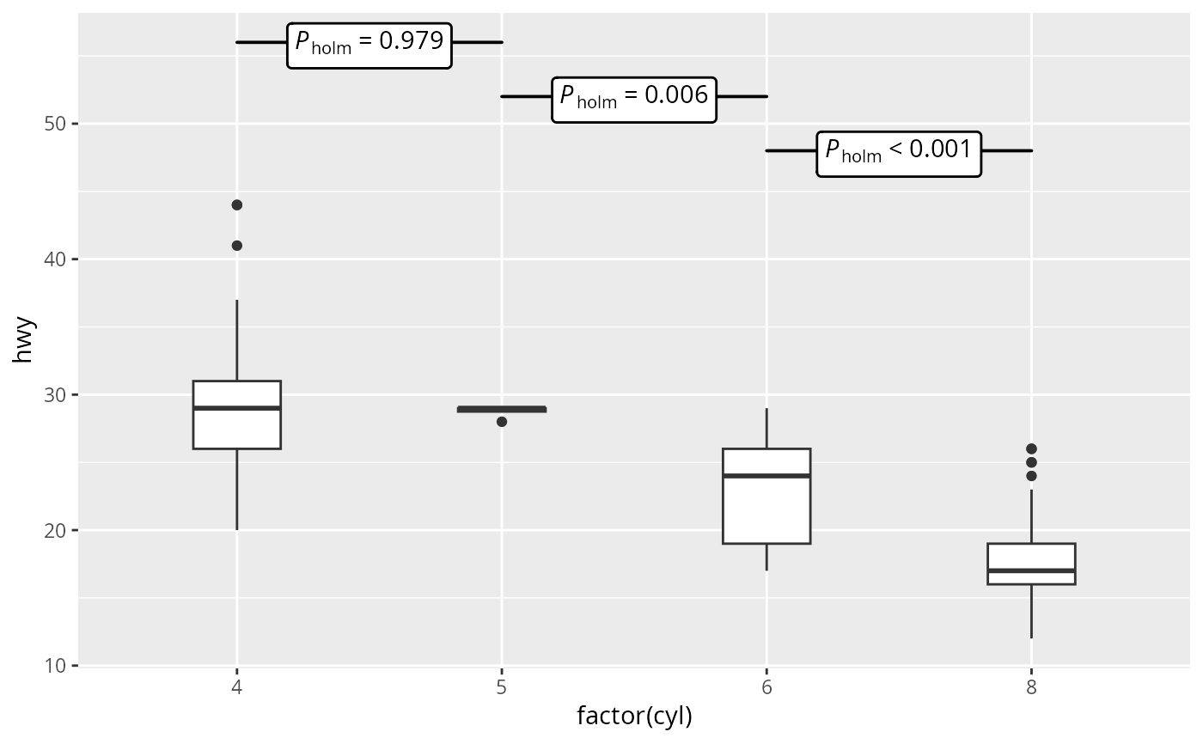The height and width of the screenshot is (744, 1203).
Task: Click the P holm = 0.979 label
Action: coord(369,46)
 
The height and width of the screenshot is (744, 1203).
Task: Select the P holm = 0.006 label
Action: coord(634,100)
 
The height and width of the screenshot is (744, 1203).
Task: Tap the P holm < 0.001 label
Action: coord(899,154)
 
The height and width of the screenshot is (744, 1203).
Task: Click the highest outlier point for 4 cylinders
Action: coord(237,205)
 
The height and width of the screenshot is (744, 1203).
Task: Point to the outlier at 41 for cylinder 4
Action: coord(237,246)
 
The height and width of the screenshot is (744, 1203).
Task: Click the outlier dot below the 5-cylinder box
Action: coord(502,422)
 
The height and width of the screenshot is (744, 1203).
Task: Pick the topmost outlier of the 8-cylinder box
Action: coord(1031,448)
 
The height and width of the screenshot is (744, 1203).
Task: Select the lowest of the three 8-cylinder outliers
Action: coord(1031,476)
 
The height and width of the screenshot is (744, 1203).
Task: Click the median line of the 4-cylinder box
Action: coord(237,408)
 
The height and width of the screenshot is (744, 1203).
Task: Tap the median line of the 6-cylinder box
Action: coord(766,476)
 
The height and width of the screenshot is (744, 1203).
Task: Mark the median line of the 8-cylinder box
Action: coord(1031,570)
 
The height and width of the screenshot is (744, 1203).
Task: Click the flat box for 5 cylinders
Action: coord(502,410)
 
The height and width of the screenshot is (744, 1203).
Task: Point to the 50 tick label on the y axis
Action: coord(55,124)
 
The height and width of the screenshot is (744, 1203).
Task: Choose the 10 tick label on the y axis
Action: coord(55,666)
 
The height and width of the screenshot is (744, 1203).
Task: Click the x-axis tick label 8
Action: coord(1031,687)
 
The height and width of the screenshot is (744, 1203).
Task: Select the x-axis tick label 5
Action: coord(502,687)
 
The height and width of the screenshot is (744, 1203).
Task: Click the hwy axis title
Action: coord(23,340)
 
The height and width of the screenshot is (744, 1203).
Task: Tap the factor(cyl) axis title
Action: coord(634,717)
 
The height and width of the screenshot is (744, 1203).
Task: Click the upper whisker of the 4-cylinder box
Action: coord(237,340)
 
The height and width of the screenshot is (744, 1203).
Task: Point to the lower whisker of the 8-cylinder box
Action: coord(1031,612)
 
